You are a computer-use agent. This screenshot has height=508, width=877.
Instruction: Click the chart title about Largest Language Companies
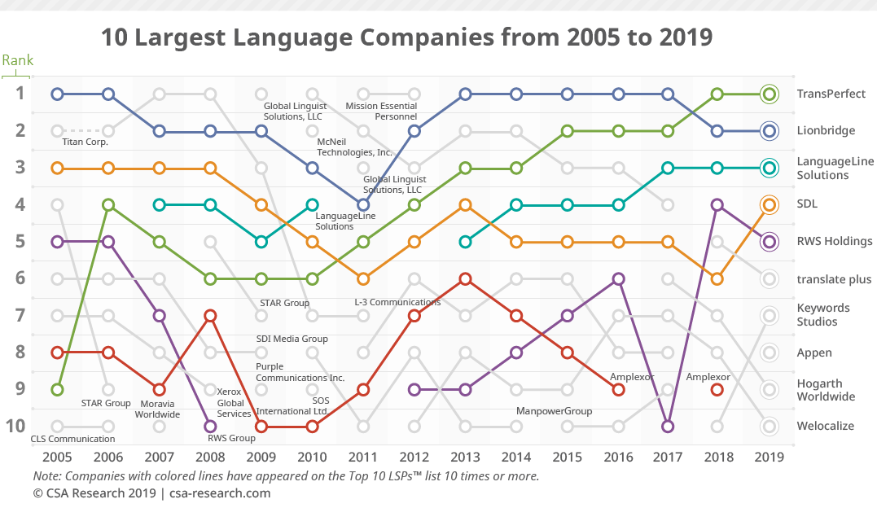[x=406, y=37]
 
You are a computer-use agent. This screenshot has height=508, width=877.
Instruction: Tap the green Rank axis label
[x=17, y=60]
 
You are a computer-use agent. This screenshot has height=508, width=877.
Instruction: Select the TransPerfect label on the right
[x=831, y=94]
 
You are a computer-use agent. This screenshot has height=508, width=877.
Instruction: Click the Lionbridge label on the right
[x=825, y=130]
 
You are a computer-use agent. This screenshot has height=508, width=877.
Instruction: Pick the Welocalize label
[x=826, y=427]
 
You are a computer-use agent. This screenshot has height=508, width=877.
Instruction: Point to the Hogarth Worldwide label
[x=826, y=390]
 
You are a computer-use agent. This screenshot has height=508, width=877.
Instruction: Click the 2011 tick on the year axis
[x=363, y=457]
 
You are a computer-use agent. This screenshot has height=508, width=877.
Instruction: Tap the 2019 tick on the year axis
[x=769, y=457]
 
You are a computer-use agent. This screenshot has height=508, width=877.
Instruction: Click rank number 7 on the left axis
[x=20, y=315]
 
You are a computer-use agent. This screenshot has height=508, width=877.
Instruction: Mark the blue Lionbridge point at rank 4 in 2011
[x=363, y=204]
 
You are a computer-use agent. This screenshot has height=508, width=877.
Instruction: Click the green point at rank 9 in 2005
[x=57, y=389]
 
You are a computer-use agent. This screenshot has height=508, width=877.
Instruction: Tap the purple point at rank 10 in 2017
[x=668, y=426]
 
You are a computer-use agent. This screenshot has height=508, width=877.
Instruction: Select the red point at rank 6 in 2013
[x=465, y=278]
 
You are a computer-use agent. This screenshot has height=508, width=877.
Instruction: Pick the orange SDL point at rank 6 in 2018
[x=717, y=278]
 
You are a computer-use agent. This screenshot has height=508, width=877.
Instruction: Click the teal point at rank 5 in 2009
[x=261, y=242]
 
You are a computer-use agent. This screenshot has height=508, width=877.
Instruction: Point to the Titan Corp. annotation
[x=86, y=142]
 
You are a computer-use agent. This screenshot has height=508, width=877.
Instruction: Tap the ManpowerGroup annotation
[x=554, y=411]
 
